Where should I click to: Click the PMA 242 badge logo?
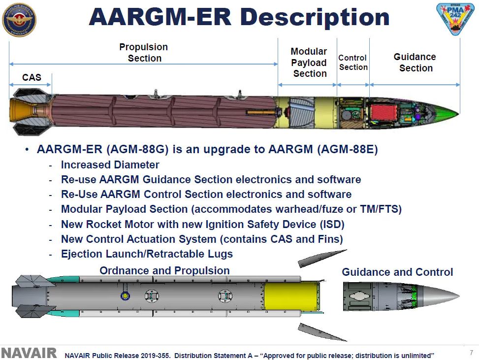452,20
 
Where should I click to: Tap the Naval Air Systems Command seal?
20,20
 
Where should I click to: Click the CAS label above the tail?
32,77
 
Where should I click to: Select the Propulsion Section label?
144,52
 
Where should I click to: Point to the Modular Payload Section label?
309,63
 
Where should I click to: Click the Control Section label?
353,63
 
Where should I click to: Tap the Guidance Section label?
415,63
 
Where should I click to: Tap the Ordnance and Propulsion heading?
164,270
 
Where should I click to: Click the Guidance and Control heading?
397,272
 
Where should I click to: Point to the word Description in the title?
315,18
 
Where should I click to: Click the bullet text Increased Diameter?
110,165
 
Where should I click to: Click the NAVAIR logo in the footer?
29,353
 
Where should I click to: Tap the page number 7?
471,352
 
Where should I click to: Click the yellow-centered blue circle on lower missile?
125,296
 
